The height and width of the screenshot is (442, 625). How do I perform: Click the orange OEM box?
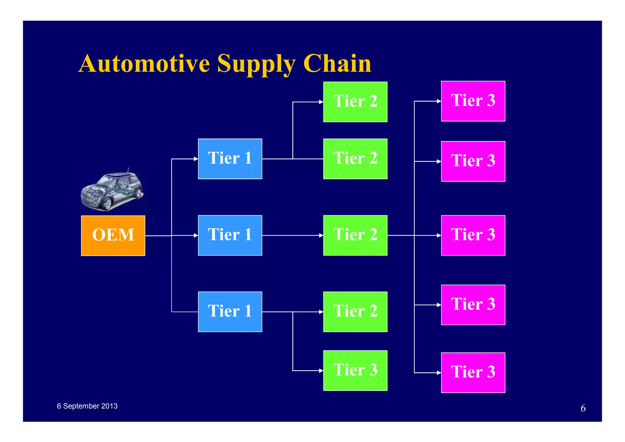pos(113,236)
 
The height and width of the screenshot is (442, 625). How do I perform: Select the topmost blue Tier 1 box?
pos(230,159)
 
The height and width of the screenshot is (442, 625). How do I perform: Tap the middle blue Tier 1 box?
pos(230,235)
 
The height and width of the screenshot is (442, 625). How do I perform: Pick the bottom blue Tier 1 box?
pos(230,312)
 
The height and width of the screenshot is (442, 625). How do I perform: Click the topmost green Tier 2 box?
pos(355,102)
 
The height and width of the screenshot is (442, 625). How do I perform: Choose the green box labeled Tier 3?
pos(355,370)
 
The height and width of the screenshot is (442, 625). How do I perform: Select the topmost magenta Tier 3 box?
pos(473,101)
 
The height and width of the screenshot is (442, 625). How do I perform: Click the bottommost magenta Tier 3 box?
pos(473,372)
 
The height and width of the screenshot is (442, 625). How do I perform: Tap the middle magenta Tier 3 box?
pos(473,235)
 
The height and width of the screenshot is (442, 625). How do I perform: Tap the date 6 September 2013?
pos(87,406)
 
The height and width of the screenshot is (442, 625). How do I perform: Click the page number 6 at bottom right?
pos(583,408)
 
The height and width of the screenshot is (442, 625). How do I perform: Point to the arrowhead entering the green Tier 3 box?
pos(321,371)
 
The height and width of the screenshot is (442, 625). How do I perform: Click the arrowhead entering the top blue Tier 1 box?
pos(196,159)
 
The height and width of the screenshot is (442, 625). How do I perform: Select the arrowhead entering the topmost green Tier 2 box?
pos(321,102)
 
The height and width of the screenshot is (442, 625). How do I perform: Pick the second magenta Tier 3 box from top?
pos(473,161)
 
